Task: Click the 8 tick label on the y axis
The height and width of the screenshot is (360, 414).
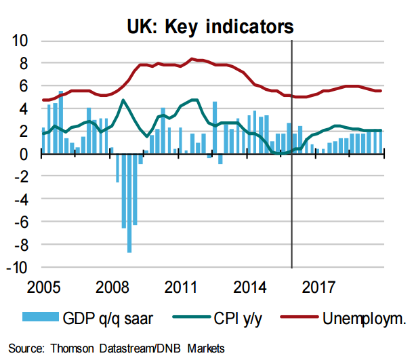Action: tap(22, 64)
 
